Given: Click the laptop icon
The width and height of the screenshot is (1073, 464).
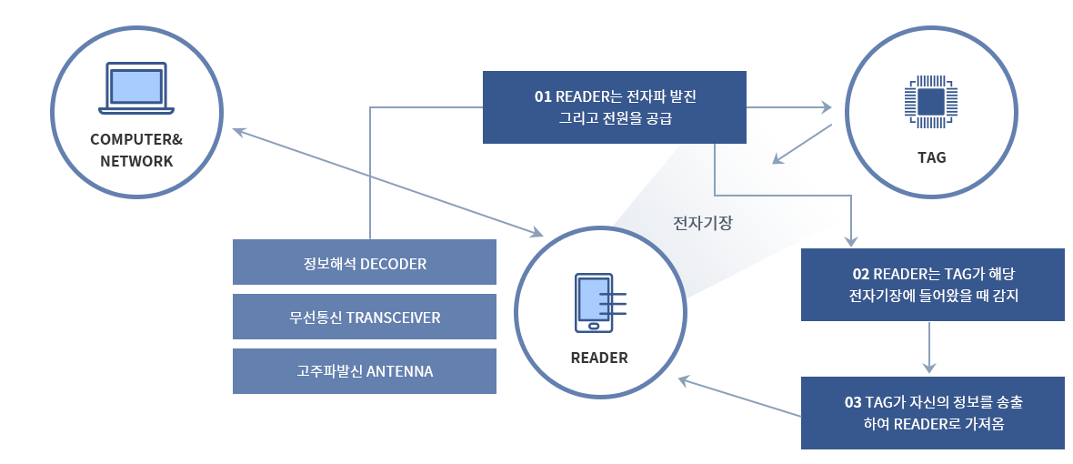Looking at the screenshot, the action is pos(136,88).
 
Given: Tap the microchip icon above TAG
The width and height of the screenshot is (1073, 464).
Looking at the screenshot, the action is pos(931,102).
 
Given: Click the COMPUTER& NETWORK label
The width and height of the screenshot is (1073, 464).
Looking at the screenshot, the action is pos(136,150).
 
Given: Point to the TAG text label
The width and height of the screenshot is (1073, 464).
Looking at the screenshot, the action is pos(931,157).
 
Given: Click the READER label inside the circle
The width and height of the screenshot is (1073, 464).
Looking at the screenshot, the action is pos(599,358).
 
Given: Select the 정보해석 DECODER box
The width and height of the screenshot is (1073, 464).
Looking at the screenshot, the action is pos(364,262).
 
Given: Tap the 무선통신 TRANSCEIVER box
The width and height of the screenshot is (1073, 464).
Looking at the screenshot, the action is pos(364,317).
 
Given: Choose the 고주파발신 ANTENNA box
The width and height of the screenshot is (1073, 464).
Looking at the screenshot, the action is pos(364,371).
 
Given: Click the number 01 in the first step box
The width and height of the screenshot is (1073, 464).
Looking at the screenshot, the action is pos(543,96).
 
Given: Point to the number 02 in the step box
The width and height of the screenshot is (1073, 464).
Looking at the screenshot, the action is pos(861,274).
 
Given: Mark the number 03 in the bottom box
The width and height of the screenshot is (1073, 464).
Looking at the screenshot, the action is pos(853,402).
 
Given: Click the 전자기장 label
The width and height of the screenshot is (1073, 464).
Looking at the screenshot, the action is pos(703,223).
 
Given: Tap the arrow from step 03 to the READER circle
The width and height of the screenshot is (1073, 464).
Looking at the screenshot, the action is pos(739,397).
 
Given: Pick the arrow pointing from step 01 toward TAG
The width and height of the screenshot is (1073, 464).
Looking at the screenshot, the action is pos(788,107).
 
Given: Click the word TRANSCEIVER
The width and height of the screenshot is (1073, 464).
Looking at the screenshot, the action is pos(394,318).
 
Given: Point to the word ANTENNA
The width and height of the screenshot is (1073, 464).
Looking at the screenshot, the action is pos(400,371).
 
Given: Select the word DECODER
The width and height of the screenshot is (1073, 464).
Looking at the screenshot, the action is pos(393,264).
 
